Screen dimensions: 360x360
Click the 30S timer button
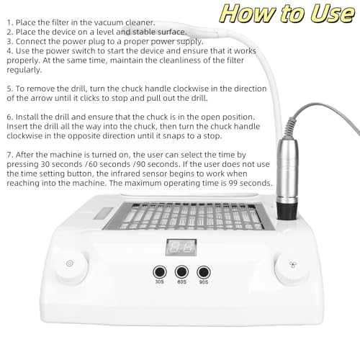pyautogui.click(x=160, y=272)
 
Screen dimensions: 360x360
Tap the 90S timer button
pyautogui.click(x=204, y=272)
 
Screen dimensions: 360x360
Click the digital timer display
pyautogui.click(x=181, y=247)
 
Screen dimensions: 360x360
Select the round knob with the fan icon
pyautogui.click(x=292, y=266)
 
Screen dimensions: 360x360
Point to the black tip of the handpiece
pyautogui.click(x=287, y=212)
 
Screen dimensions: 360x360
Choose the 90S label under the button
pyautogui.click(x=204, y=282)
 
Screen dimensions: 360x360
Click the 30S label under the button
pyautogui.click(x=160, y=282)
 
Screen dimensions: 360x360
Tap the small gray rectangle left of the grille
pyautogui.click(x=104, y=214)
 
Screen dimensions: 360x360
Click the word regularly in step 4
pyautogui.click(x=24, y=71)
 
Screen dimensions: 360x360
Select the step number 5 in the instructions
pyautogui.click(x=9, y=89)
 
